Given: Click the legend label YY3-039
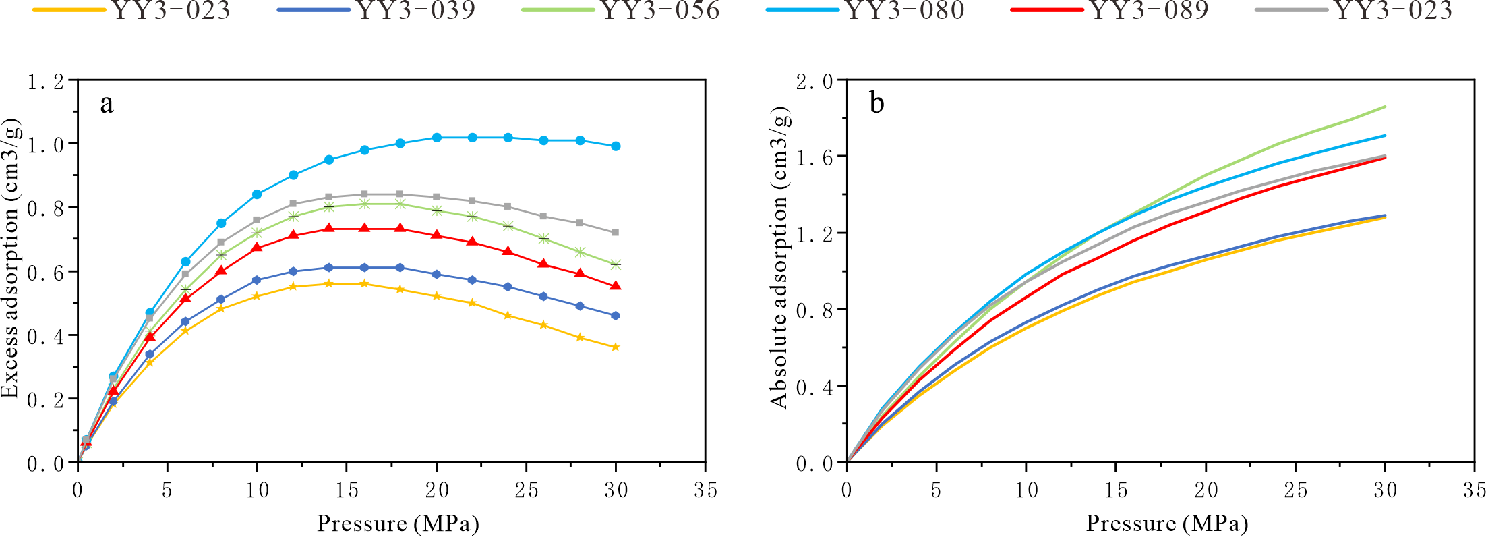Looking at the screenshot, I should pyautogui.click(x=416, y=11).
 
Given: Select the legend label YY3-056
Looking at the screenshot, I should pyautogui.click(x=661, y=11).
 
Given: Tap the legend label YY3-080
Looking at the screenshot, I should pyautogui.click(x=905, y=11).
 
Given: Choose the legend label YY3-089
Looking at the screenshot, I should pyautogui.click(x=1150, y=11).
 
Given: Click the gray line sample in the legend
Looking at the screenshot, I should pyautogui.click(x=1291, y=11).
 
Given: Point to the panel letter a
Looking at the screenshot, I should pyautogui.click(x=107, y=104).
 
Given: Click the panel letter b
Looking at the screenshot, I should pyautogui.click(x=876, y=103).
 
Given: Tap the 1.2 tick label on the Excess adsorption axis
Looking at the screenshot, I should pyautogui.click(x=46, y=82).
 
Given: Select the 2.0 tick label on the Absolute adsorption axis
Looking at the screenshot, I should pyautogui.click(x=814, y=82).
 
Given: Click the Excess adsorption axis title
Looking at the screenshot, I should pyautogui.click(x=11, y=258).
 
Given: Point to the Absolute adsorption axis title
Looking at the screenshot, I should pyautogui.click(x=779, y=258).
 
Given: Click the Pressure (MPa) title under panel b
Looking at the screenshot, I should pyautogui.click(x=1166, y=524).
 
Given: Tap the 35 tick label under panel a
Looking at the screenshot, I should pyautogui.click(x=705, y=490).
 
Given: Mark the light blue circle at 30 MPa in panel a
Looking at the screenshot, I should pyautogui.click(x=616, y=146).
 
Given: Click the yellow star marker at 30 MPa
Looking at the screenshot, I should pyautogui.click(x=616, y=347).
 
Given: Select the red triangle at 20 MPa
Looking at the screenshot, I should pyautogui.click(x=436, y=235).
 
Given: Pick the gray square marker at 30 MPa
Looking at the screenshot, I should pyautogui.click(x=616, y=233).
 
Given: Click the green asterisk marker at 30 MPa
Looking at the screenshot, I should pyautogui.click(x=616, y=264).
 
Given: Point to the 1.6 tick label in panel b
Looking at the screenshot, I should pyautogui.click(x=814, y=158).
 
